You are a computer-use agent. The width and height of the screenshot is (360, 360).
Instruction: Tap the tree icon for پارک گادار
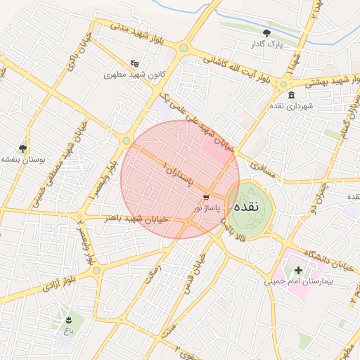[266, 33]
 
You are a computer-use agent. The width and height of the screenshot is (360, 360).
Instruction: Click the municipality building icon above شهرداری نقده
[291, 95]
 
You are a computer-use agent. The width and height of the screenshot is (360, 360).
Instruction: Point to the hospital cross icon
[298, 270]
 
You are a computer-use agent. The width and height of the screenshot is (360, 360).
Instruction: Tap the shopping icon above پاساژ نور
[205, 198]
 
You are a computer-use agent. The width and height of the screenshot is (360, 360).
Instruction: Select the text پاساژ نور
[207, 208]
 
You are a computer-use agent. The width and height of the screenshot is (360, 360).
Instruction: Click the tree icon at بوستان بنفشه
[23, 148]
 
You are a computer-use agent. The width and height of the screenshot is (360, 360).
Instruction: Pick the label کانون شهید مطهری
[134, 74]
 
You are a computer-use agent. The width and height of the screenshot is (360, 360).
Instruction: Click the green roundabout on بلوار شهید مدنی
[184, 49]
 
